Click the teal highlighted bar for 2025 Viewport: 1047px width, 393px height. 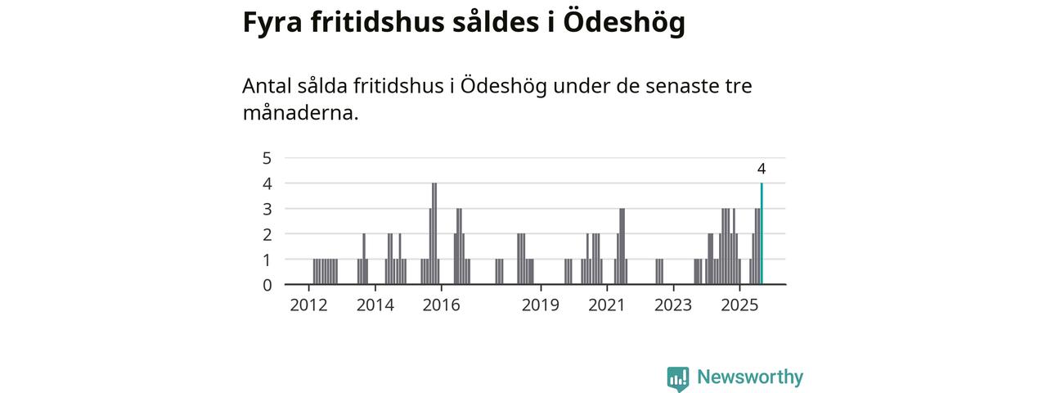click(x=762, y=234)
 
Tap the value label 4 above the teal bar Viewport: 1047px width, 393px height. click(x=762, y=169)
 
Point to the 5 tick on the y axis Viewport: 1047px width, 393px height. click(x=267, y=158)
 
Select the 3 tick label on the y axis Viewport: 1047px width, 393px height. click(x=267, y=209)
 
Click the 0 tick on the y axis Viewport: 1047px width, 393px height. click(x=267, y=285)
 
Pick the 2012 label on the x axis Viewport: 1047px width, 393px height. click(x=308, y=305)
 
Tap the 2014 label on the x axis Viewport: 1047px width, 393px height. click(x=375, y=305)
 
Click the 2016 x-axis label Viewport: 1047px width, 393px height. click(x=441, y=305)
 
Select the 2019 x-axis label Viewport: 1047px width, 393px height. click(x=540, y=305)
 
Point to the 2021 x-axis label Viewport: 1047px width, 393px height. click(x=607, y=305)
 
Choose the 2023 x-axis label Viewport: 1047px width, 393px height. click(x=673, y=305)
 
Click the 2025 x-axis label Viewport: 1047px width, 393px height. click(x=739, y=305)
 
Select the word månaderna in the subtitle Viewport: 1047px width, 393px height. click(x=300, y=112)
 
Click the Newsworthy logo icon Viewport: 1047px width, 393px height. click(x=677, y=378)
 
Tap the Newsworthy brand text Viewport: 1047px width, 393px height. click(x=749, y=377)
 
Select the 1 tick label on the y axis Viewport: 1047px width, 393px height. click(x=267, y=260)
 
